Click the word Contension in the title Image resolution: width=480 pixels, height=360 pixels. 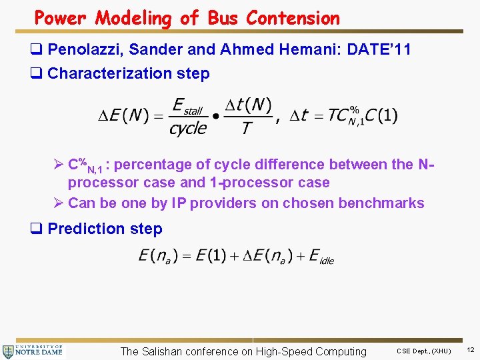pos(293,18)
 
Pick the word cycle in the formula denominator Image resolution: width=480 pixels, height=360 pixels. pos(188,129)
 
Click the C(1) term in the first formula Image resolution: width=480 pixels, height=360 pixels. pos(383,115)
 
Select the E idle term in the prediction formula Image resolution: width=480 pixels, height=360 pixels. pos(321,256)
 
